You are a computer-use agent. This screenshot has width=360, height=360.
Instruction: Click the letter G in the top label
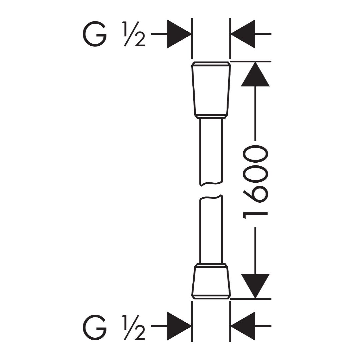94,34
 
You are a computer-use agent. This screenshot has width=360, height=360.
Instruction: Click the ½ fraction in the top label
134,34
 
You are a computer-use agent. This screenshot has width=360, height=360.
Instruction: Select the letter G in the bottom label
94,327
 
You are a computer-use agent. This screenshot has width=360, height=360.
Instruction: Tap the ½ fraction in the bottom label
134,328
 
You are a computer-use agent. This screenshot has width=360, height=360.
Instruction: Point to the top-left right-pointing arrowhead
179,34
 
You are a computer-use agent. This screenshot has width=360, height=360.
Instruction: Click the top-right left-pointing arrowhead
243,34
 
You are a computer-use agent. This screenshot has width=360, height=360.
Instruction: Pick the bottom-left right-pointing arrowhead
179,326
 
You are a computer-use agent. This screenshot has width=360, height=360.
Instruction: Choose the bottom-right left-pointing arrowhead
243,326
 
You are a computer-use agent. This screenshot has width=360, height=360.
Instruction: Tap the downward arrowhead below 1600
255,286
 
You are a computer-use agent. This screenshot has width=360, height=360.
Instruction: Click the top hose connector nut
211,90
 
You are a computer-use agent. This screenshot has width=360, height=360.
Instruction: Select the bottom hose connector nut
211,281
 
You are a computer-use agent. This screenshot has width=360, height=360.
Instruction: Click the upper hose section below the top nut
211,152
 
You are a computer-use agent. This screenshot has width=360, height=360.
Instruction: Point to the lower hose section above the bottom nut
211,229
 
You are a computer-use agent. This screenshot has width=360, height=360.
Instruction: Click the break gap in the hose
211,190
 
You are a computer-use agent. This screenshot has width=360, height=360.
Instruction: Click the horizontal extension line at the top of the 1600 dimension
251,61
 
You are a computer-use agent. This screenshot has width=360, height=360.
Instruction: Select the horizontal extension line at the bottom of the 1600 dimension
251,299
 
